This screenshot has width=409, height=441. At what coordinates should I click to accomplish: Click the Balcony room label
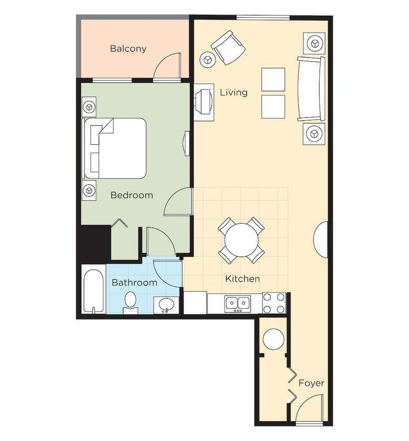tap(128, 49)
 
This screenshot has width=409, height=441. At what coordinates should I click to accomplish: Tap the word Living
tap(233, 92)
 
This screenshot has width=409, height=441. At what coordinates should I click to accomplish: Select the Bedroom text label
tap(132, 195)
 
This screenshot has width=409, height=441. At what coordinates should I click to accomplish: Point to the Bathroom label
tap(134, 282)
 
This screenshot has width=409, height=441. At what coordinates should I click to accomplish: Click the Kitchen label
tap(242, 279)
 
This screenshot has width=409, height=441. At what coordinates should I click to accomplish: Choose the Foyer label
tap(311, 383)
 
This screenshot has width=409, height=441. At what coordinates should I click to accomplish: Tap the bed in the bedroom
tap(115, 148)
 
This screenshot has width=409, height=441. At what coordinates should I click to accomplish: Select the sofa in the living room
tap(311, 89)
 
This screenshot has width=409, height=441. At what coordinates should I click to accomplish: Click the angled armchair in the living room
tap(228, 47)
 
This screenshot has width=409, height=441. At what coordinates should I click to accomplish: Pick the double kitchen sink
tap(238, 303)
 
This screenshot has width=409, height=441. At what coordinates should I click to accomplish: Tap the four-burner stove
tap(274, 303)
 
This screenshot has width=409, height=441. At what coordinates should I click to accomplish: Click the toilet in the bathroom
tap(130, 303)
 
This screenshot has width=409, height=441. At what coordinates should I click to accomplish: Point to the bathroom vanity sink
tap(166, 305)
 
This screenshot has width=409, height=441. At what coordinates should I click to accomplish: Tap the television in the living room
tap(204, 102)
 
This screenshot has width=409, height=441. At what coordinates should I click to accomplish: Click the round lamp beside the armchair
tap(207, 60)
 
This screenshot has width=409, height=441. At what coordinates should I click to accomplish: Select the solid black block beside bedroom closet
tap(95, 244)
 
